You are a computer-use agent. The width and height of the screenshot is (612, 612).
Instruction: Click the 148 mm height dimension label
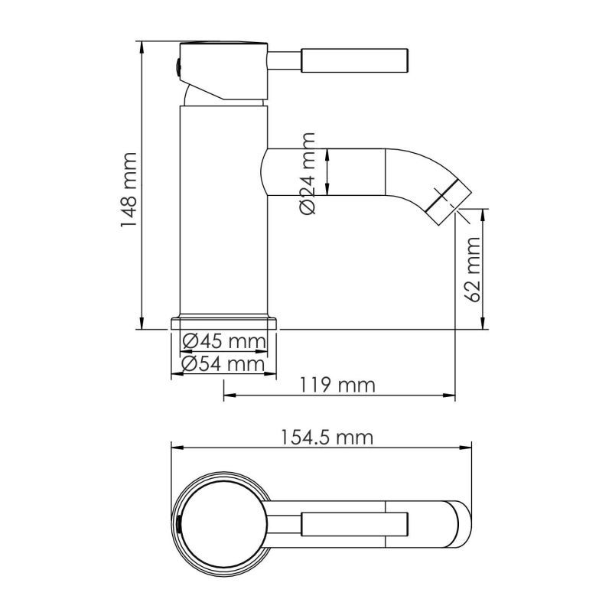coord(129,190)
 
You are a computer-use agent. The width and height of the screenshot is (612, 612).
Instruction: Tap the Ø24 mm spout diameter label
coord(308,174)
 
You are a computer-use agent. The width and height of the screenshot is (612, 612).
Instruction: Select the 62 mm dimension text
coord(472,269)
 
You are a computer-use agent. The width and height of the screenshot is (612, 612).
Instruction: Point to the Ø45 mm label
coord(224,341)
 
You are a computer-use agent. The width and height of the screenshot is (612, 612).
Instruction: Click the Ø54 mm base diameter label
coord(223,364)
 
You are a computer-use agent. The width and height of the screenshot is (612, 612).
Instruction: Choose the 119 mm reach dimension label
coord(337,385)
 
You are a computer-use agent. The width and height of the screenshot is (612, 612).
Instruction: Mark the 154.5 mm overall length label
coord(327,438)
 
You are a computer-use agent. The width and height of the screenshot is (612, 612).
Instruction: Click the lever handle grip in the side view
coord(354,60)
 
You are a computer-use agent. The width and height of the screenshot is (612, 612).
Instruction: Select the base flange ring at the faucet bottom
coord(223,324)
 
